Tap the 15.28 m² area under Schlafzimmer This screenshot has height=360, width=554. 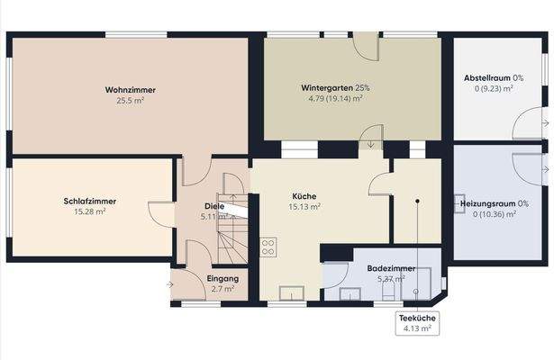pyautogui.click(x=90, y=211)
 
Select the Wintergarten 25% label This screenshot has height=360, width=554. pyautogui.click(x=335, y=88)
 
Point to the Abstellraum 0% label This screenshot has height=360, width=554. pyautogui.click(x=487, y=77)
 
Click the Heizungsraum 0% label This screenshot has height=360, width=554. pyautogui.click(x=487, y=203)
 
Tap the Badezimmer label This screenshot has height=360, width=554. pyautogui.click(x=390, y=268)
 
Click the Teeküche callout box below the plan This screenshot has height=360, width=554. pyautogui.click(x=416, y=323)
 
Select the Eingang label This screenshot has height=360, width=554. pyautogui.click(x=222, y=278)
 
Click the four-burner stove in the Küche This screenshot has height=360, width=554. pyautogui.click(x=268, y=246)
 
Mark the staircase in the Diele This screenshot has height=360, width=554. pyautogui.click(x=231, y=225)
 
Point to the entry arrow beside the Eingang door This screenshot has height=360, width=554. pyautogui.click(x=170, y=285)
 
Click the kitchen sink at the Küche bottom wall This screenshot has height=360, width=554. pyautogui.click(x=292, y=292)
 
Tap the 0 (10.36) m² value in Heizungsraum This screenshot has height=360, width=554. pyautogui.click(x=487, y=214)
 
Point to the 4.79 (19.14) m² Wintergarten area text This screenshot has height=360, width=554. pyautogui.click(x=335, y=99)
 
